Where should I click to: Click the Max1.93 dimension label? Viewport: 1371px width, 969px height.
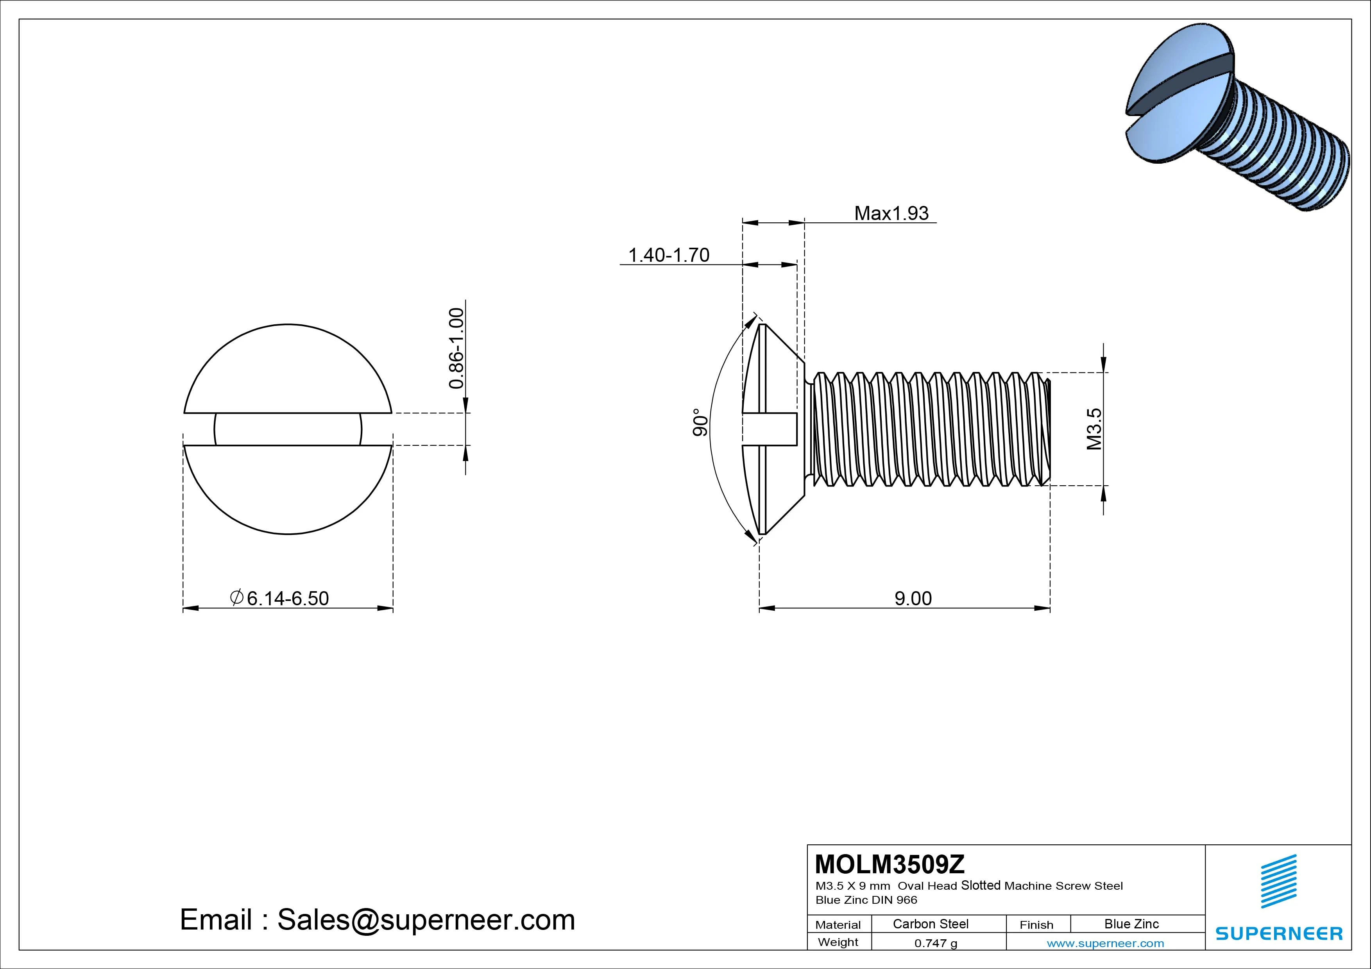(891, 213)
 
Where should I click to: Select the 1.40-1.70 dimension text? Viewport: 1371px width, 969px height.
(668, 255)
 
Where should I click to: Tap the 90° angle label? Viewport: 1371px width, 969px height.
(700, 423)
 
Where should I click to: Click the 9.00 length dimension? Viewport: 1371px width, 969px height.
(913, 598)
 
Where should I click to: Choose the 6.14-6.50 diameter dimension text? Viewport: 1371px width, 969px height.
(287, 598)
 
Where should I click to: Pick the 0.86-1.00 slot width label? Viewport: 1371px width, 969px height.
(456, 348)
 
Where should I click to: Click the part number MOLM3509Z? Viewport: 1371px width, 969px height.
(890, 864)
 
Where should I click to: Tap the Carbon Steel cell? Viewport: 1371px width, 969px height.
(930, 924)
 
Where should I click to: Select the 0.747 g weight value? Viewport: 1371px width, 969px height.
(936, 943)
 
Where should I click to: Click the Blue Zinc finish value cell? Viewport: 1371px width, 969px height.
(1131, 924)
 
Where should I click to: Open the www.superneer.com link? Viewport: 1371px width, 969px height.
(1105, 943)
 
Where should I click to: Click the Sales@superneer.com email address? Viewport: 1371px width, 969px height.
(426, 920)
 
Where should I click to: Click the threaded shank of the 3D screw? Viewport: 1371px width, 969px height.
(1284, 155)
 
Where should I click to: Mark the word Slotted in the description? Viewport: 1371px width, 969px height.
(981, 885)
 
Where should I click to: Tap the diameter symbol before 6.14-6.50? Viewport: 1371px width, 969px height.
(236, 597)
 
